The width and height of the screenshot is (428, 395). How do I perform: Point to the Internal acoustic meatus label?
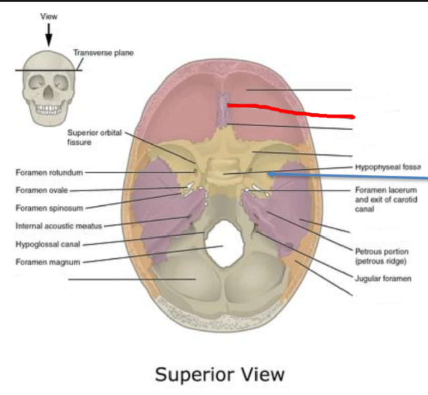59,226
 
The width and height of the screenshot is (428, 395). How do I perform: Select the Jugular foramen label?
383,278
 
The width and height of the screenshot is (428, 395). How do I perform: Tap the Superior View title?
219,374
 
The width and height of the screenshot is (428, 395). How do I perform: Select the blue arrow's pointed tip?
269,174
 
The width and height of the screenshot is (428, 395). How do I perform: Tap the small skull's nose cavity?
48,94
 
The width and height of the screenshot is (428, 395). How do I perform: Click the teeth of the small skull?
49,109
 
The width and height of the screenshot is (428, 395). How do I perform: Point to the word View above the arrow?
49,16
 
